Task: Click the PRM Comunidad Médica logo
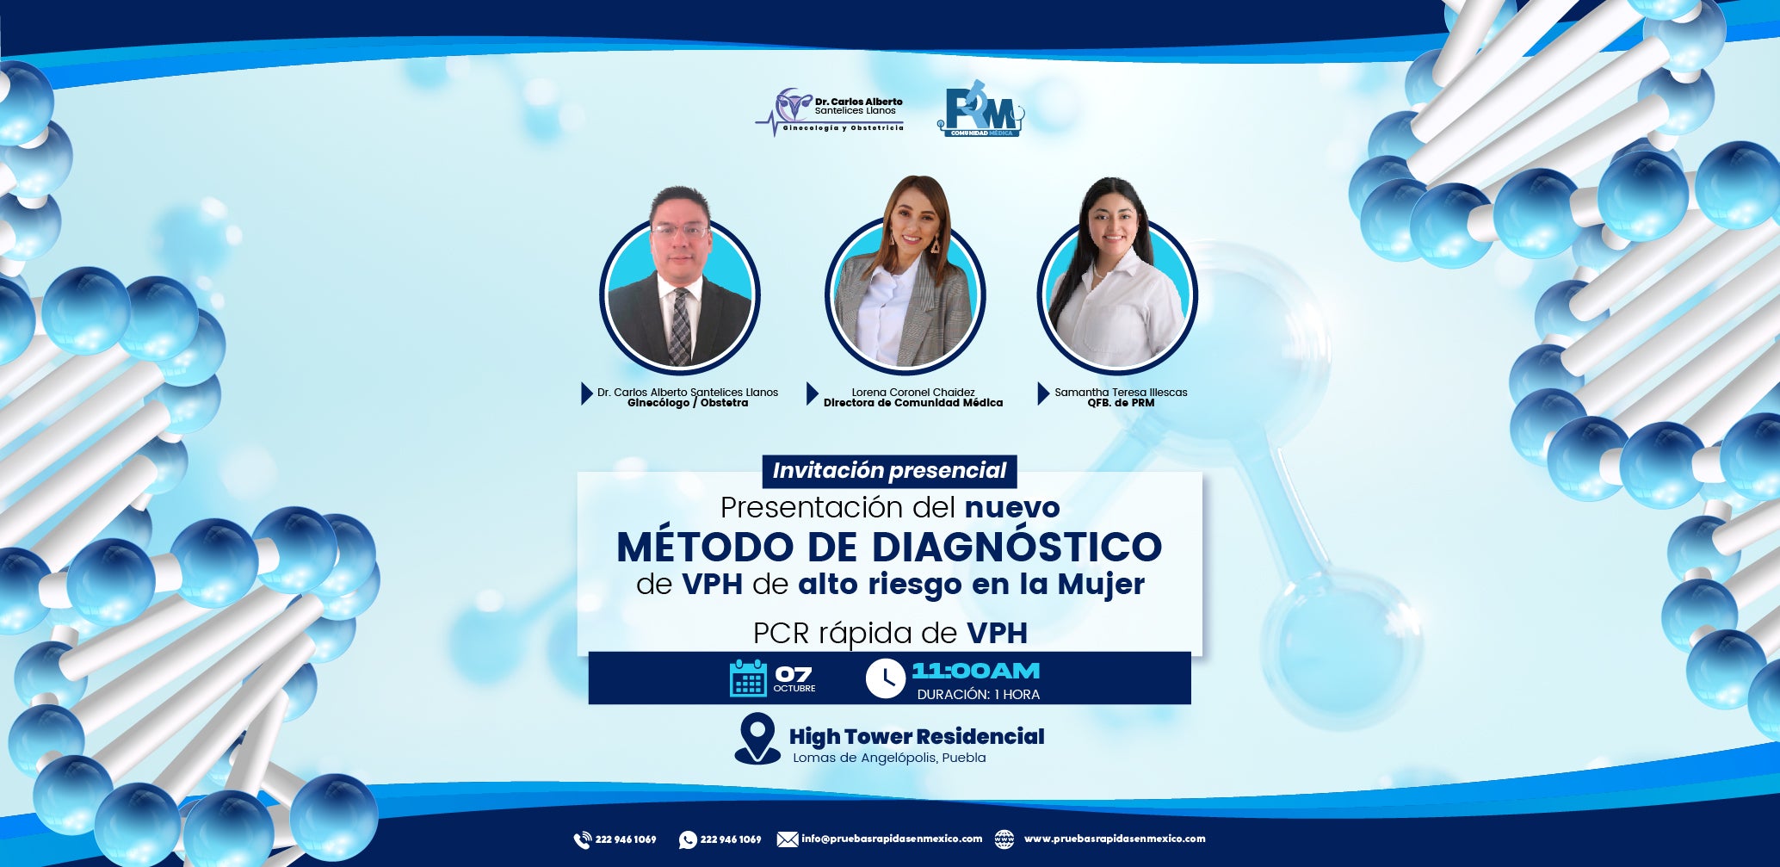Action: (980, 109)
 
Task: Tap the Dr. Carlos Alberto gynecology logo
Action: (830, 112)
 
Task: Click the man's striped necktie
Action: (680, 325)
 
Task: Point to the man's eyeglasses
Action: (680, 231)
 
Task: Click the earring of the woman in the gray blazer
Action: (935, 245)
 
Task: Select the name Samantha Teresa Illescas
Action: (1121, 392)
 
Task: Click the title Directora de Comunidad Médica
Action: (913, 403)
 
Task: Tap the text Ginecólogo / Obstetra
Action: (688, 403)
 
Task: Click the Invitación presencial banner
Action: (889, 471)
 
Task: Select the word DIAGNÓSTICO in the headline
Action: (1017, 547)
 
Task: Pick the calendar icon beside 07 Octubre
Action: (748, 678)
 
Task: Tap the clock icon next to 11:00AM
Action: (886, 678)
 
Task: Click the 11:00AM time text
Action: (976, 671)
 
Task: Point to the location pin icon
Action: (757, 739)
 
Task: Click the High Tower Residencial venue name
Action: (917, 737)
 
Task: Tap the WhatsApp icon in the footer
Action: (688, 839)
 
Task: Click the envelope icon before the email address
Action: (788, 839)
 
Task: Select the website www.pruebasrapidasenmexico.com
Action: (1115, 839)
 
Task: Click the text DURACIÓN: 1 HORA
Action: (979, 695)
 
